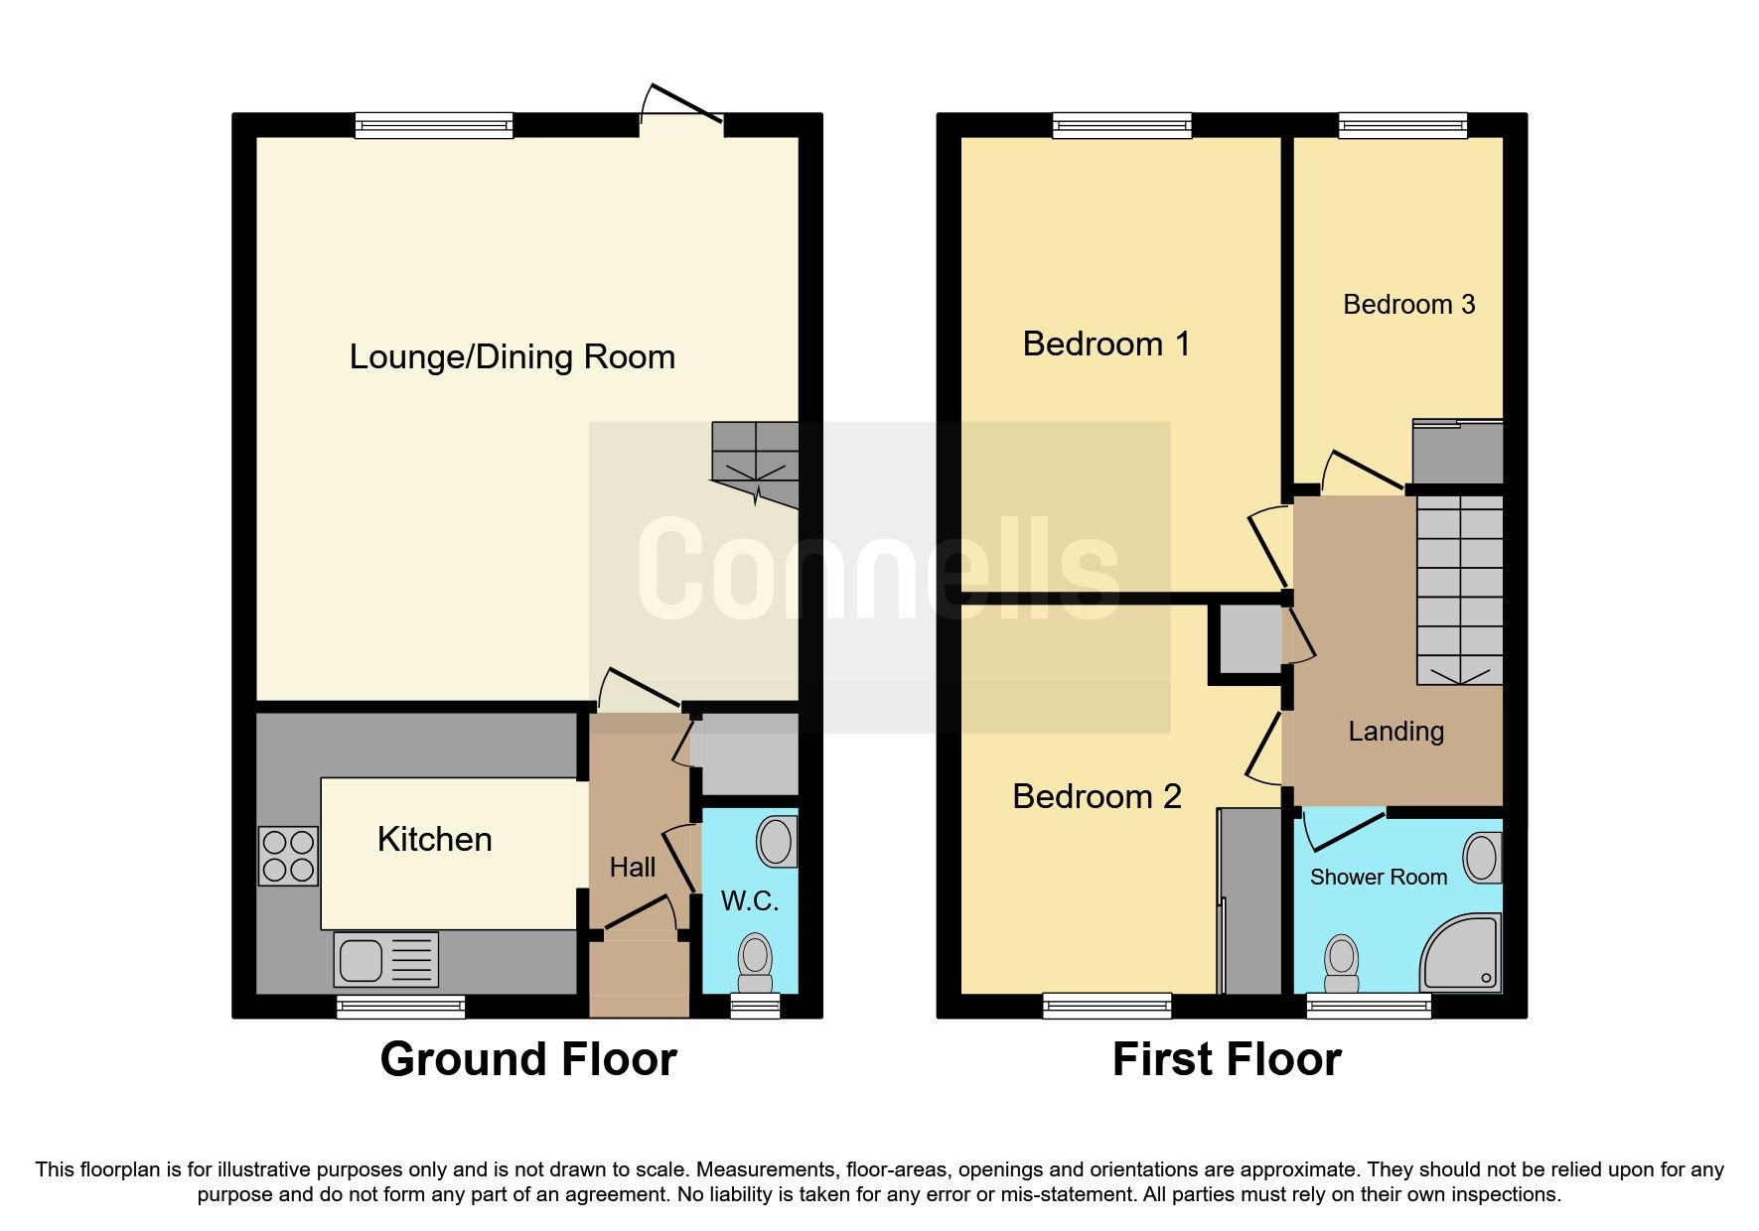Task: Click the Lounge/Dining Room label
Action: [x=512, y=356]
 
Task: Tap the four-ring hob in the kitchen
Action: [x=288, y=856]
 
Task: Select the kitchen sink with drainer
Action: [x=386, y=959]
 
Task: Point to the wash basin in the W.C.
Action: [x=776, y=842]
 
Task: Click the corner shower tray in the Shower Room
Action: [x=1462, y=954]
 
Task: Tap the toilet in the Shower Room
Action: [x=1341, y=964]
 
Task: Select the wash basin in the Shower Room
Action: [x=1481, y=857]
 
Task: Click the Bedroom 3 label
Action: [x=1408, y=304]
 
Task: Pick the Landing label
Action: [x=1395, y=732]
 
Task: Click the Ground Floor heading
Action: [x=528, y=1059]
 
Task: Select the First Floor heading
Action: [x=1227, y=1059]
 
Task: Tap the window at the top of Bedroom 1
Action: [x=1122, y=125]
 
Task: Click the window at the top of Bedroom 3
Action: [x=1402, y=125]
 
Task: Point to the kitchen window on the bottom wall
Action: [x=401, y=1007]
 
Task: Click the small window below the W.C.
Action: [x=755, y=1007]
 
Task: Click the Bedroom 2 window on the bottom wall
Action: [x=1106, y=1006]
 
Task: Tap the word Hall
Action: [x=632, y=868]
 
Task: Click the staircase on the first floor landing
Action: [x=1459, y=591]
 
